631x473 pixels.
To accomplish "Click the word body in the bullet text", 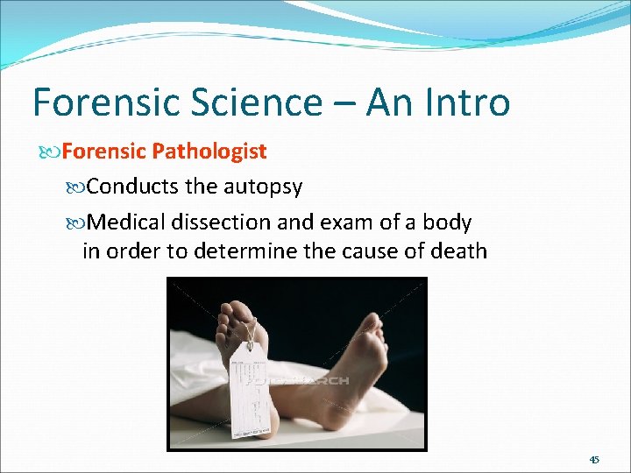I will (x=446, y=222).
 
